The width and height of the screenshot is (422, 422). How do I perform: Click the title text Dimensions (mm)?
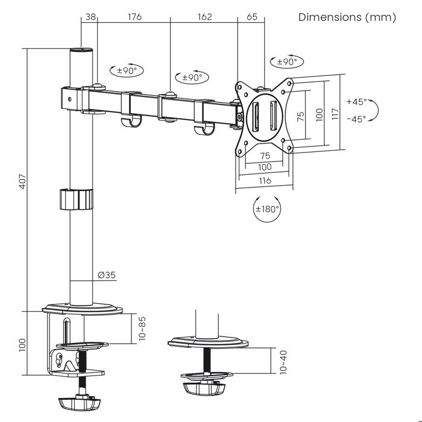(347, 17)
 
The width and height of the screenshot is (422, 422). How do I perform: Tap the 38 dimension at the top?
(90, 17)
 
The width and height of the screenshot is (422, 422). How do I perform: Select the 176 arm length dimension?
(134, 17)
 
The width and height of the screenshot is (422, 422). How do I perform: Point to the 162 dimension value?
(204, 17)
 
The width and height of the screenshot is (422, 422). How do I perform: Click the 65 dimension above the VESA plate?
(252, 17)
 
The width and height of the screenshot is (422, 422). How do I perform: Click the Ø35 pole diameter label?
(107, 275)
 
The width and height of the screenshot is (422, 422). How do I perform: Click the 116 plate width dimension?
(265, 180)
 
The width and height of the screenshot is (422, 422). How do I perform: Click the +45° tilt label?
(356, 101)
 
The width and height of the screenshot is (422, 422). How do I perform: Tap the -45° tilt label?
(356, 119)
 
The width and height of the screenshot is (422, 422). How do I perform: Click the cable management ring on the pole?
(77, 200)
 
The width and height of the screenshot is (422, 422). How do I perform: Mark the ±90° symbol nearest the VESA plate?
(289, 61)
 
